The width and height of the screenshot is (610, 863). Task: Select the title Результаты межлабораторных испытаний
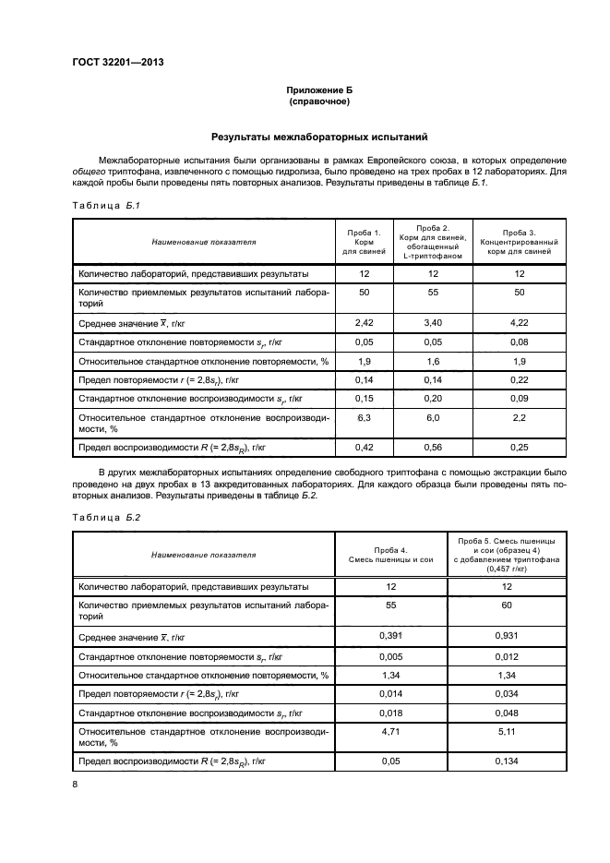click(318, 138)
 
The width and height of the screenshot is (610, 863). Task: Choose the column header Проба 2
click(433, 241)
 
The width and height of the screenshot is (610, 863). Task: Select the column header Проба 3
click(519, 241)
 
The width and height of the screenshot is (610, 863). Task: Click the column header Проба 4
click(390, 555)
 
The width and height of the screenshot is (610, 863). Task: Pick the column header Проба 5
click(505, 555)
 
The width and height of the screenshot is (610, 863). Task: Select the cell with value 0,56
click(433, 447)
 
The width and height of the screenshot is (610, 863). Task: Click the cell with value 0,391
click(390, 636)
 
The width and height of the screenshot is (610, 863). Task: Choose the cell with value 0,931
click(505, 636)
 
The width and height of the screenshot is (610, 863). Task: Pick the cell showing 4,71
click(390, 731)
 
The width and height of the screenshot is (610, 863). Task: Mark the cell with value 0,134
click(505, 761)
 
